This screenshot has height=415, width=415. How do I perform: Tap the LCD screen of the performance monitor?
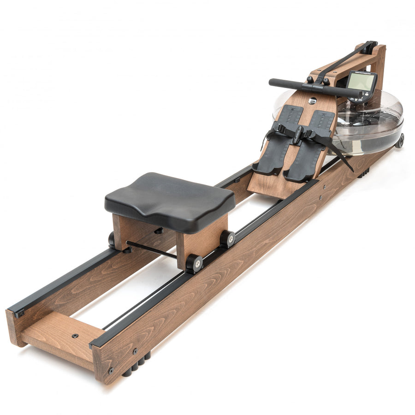click(360, 83)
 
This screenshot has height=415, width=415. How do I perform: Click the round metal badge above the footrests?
click(312, 101)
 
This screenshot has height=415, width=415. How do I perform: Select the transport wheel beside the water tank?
click(399, 141)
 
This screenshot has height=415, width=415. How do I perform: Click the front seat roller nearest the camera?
click(194, 263)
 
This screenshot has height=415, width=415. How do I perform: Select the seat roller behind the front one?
click(227, 238)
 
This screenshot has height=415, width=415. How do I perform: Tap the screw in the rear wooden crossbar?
click(75, 336)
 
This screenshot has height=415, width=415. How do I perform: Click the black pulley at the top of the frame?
click(369, 46)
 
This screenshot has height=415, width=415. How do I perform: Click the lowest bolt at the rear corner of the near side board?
click(111, 370)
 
